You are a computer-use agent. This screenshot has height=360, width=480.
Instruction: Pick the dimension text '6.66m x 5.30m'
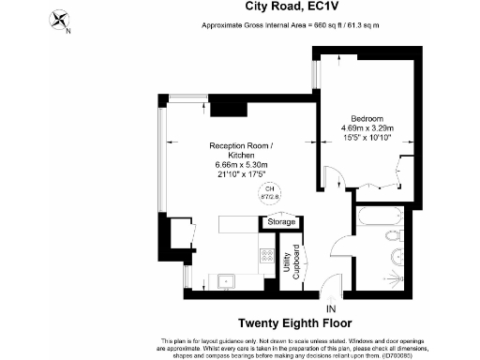pyautogui.click(x=241, y=166)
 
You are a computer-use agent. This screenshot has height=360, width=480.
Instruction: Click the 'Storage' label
pyautogui.click(x=281, y=222)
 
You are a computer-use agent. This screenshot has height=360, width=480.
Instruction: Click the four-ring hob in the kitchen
pyautogui.click(x=267, y=255)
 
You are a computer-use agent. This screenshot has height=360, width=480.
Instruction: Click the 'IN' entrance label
pyautogui.click(x=329, y=307)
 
